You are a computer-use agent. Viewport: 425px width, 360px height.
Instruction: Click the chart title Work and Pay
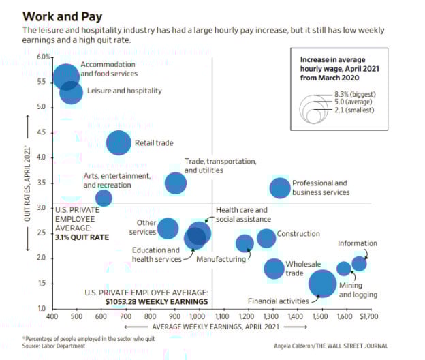click(57, 16)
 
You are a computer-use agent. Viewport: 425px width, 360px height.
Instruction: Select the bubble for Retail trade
click(119, 143)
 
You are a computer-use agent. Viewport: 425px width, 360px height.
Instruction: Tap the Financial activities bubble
click(322, 284)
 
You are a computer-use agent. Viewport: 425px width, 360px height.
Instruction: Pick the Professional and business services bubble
click(280, 187)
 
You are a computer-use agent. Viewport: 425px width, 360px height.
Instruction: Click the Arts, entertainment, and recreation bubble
click(104, 198)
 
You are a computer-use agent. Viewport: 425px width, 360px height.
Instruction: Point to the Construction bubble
click(266, 238)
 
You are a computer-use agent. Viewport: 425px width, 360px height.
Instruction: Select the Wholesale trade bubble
click(274, 269)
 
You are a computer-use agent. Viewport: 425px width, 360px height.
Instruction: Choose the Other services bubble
click(168, 228)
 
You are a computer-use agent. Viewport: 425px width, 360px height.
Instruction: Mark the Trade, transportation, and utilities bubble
click(176, 183)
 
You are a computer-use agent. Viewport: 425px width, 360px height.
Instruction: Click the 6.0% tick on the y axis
click(42, 57)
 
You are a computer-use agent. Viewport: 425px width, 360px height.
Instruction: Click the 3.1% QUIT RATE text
click(82, 237)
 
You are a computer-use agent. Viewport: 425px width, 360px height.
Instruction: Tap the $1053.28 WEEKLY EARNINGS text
click(157, 301)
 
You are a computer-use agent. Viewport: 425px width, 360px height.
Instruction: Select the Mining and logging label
click(358, 290)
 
